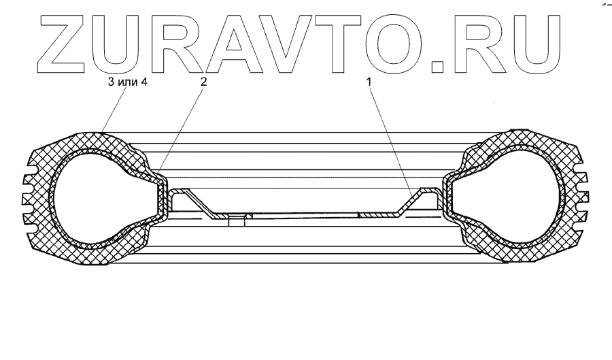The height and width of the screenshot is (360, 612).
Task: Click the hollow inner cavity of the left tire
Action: click(95, 197)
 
